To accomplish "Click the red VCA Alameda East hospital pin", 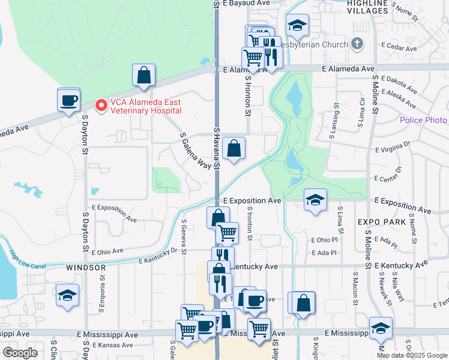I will click(101, 105).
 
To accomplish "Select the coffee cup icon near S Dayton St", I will click(68, 100).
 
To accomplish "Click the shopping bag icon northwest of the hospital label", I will click(144, 75).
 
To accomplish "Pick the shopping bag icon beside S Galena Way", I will click(234, 148).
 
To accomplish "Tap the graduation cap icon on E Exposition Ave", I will click(315, 200).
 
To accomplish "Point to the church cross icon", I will click(357, 44).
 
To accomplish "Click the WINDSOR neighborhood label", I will click(86, 267).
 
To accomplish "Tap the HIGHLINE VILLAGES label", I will click(376, 7).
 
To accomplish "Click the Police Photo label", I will click(423, 121).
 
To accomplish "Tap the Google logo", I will click(20, 352).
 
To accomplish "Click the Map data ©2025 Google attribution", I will click(411, 355).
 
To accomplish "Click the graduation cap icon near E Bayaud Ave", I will click(297, 25).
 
